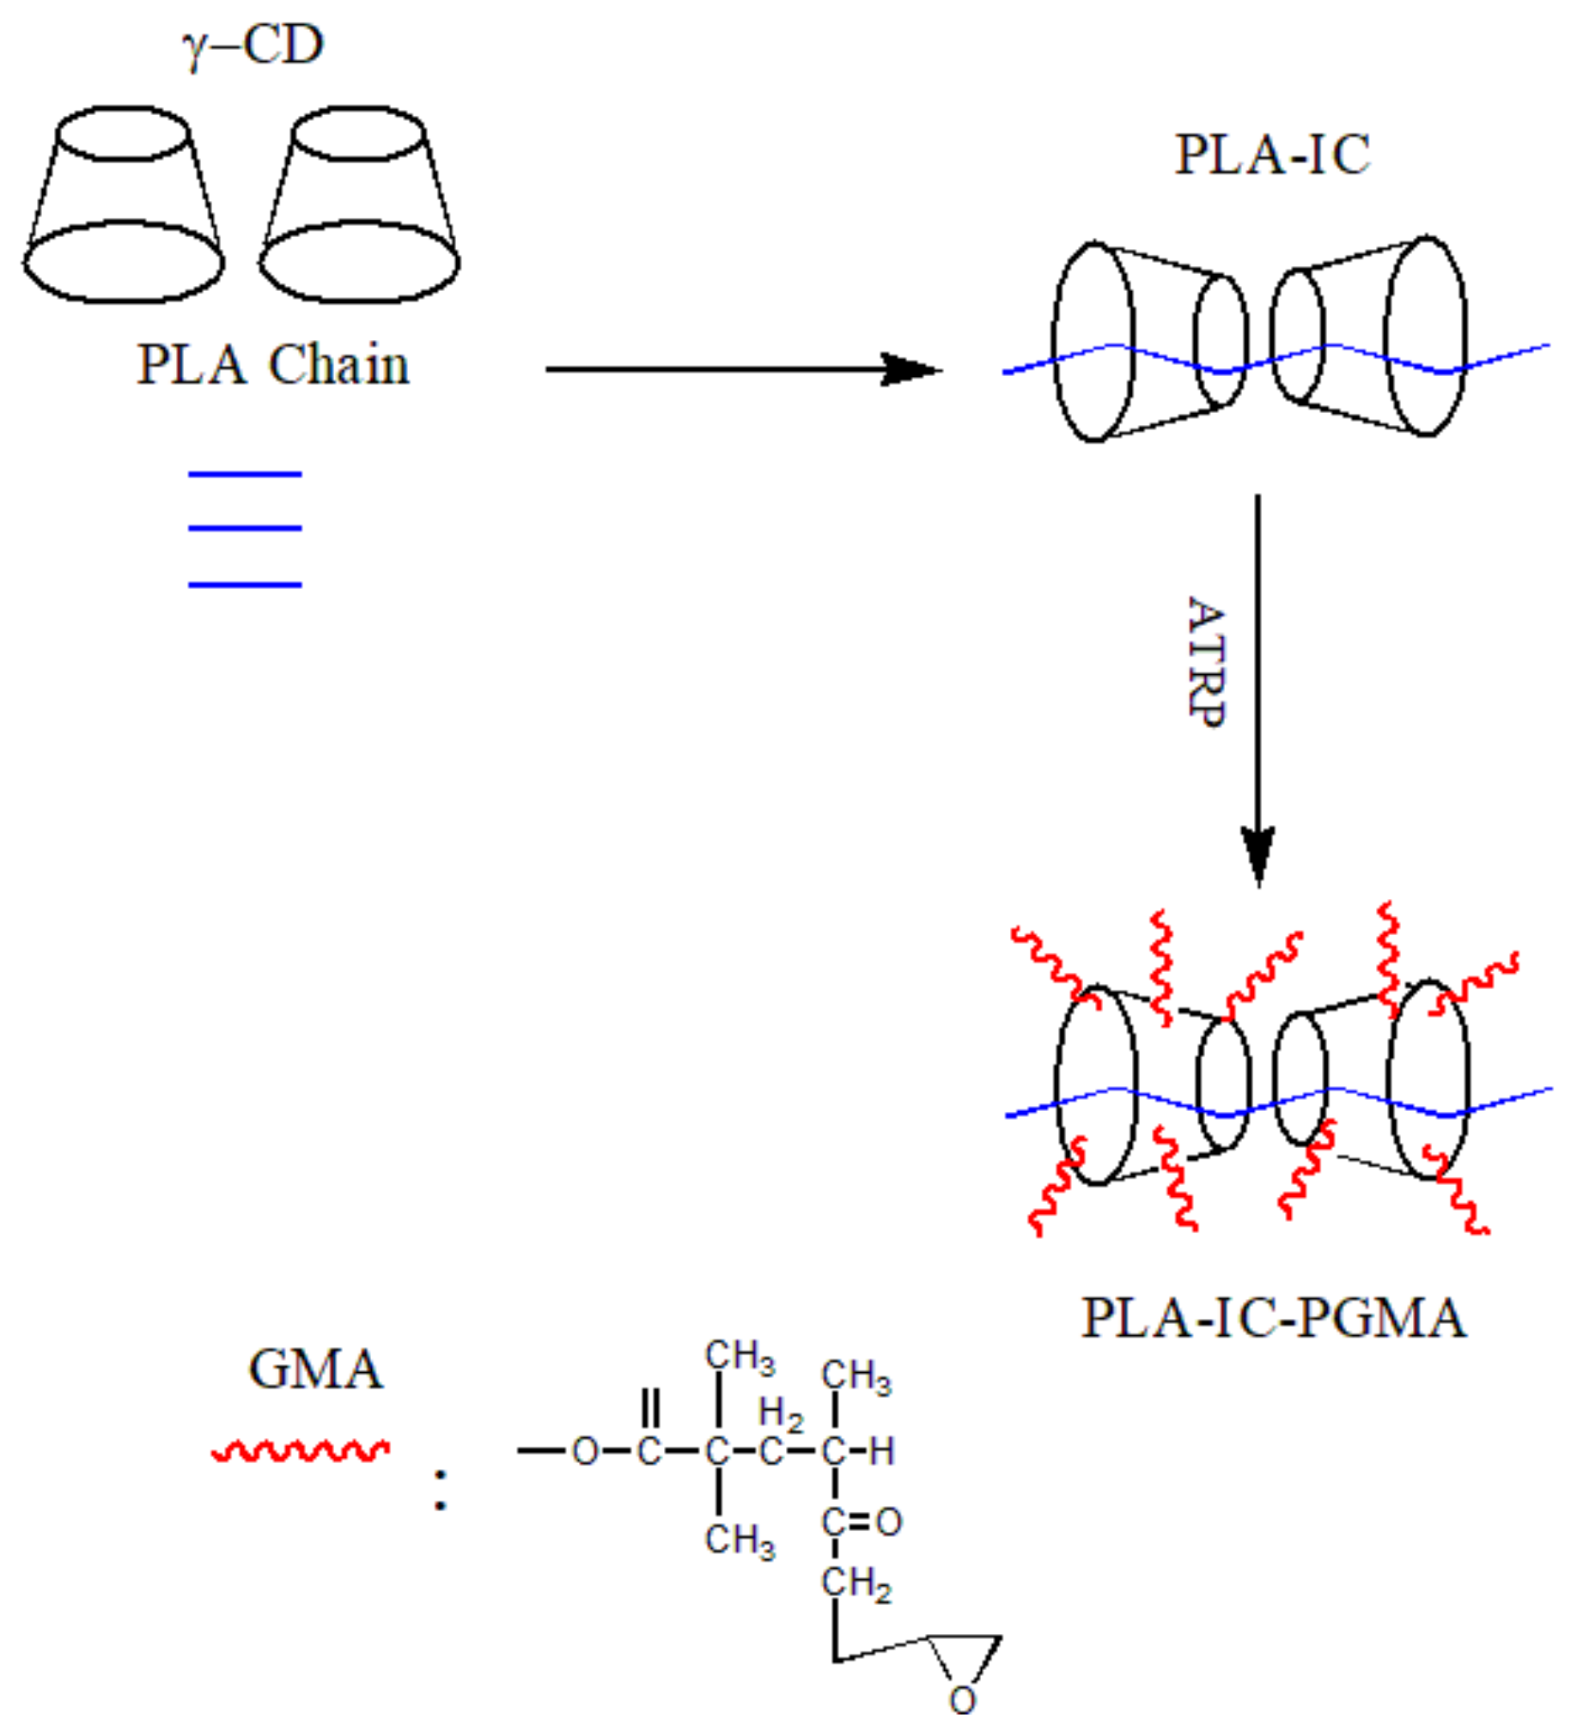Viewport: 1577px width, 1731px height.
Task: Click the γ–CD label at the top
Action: click(253, 45)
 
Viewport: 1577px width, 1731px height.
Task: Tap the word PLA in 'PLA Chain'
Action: click(191, 365)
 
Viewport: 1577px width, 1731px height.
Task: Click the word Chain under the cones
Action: click(338, 365)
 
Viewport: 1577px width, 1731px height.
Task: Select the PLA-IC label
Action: click(1272, 155)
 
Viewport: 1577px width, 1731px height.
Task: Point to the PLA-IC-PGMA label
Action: click(1273, 1317)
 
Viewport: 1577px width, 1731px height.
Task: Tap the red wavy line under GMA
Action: click(301, 1450)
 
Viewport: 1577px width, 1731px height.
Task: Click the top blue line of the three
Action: click(245, 474)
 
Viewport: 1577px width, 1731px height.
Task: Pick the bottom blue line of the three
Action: click(245, 585)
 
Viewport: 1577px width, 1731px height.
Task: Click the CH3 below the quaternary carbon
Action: click(740, 1540)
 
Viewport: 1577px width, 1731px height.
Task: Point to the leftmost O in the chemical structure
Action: click(585, 1452)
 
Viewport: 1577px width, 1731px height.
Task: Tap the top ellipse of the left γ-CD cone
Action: click(123, 133)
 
